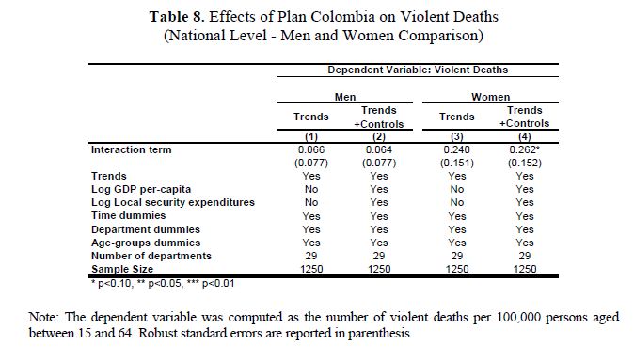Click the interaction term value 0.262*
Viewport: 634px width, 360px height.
coord(525,149)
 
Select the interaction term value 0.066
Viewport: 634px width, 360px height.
coord(311,149)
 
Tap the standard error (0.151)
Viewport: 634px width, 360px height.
coord(457,163)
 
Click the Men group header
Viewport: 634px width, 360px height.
coord(345,97)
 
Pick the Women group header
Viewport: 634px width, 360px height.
coord(490,97)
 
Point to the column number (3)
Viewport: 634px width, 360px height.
coord(457,136)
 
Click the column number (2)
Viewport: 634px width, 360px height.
coord(379,136)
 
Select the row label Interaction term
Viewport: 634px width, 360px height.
coord(132,149)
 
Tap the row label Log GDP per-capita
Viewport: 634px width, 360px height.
coord(141,190)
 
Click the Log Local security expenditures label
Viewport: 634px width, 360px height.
coord(173,202)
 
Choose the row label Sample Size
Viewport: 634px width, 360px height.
coord(122,269)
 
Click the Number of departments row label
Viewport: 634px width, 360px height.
coord(151,257)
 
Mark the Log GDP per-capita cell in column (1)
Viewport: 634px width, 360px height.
coord(311,190)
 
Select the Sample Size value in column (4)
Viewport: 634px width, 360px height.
coord(525,269)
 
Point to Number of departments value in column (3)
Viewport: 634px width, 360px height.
coord(457,257)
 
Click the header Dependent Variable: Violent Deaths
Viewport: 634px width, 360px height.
coord(418,70)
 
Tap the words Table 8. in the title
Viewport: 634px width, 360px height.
coord(177,17)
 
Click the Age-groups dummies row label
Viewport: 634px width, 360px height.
coord(146,243)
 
